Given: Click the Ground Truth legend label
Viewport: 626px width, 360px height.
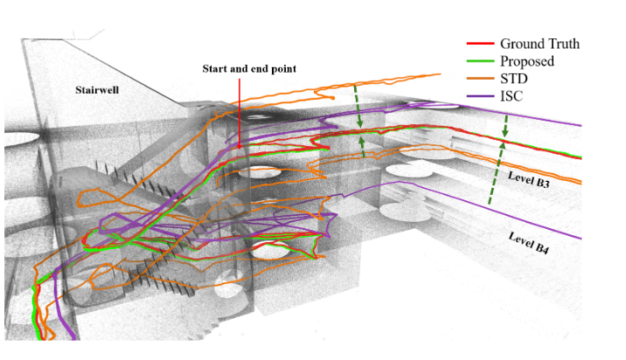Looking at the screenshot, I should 539,44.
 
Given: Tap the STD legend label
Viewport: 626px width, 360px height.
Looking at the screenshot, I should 514,79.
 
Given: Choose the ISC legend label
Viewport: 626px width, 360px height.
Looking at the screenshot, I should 511,96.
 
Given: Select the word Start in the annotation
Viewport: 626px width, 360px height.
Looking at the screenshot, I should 216,67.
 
